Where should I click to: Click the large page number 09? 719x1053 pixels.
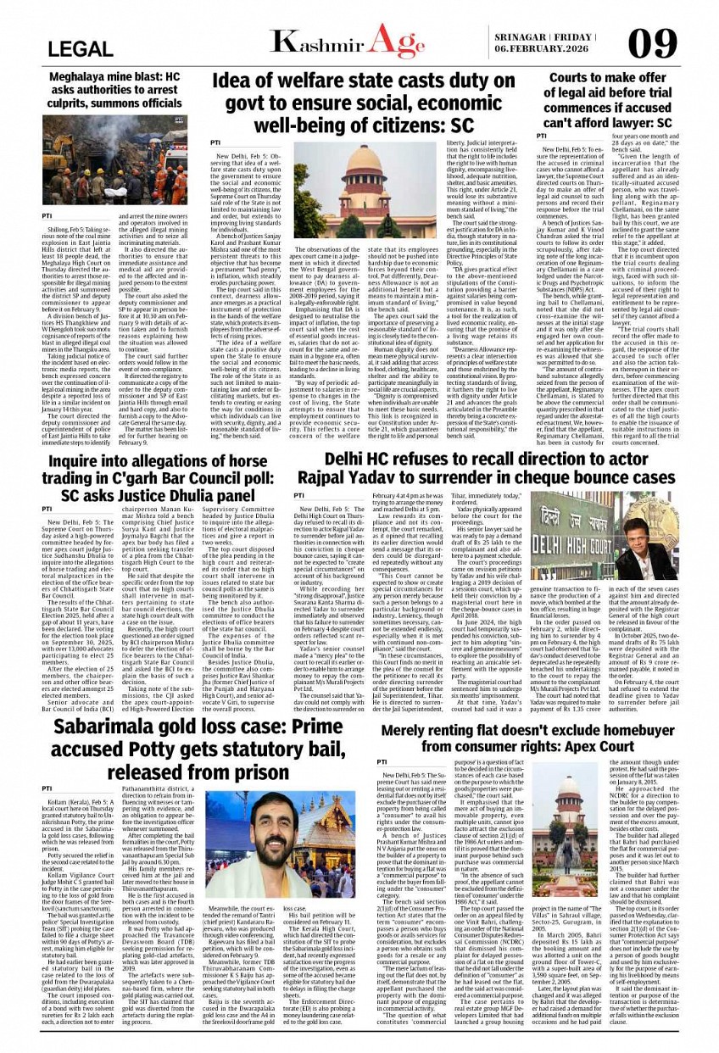tap(653, 44)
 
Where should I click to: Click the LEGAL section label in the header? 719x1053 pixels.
tap(81, 49)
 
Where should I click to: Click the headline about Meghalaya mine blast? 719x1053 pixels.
tap(115, 91)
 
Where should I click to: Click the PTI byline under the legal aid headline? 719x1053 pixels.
tap(543, 136)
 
